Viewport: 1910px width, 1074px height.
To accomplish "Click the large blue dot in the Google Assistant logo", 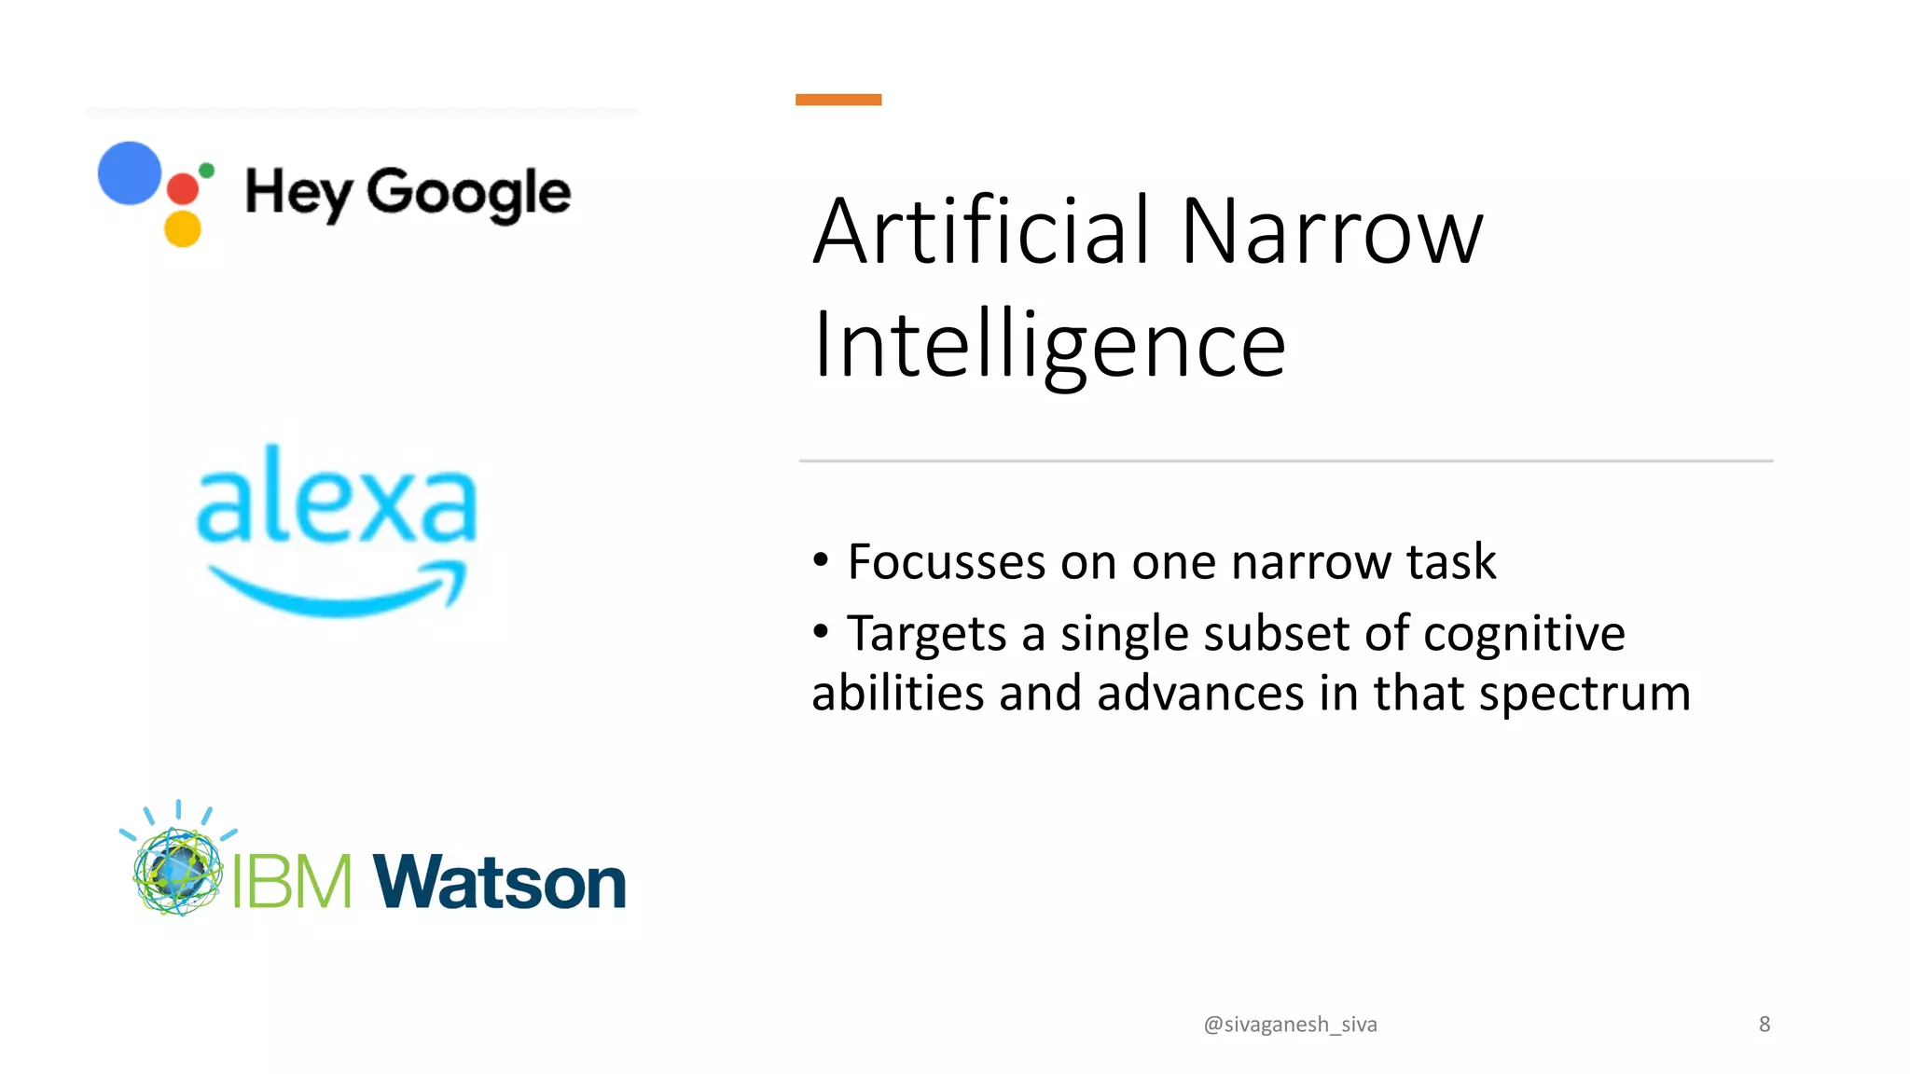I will point(130,173).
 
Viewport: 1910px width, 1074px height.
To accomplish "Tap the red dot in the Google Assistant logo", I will point(183,188).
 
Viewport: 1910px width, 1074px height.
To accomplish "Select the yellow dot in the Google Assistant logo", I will point(183,228).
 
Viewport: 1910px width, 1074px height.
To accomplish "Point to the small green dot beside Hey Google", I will point(207,170).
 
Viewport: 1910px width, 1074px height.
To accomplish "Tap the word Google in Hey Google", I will point(468,194).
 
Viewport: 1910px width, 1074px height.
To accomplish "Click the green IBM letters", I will point(292,881).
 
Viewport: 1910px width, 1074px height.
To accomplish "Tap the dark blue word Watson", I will point(500,881).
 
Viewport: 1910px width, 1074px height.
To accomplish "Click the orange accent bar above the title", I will point(837,100).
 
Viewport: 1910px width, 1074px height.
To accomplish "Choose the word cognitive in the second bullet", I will point(1524,635).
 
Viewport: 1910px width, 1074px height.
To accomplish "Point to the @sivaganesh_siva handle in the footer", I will point(1290,1025).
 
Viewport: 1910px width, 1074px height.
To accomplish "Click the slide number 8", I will point(1764,1025).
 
